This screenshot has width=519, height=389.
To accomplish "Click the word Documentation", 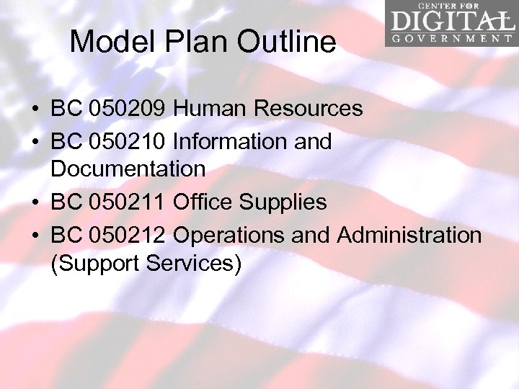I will coord(128,170).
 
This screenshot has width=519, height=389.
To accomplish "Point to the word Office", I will coord(203,202).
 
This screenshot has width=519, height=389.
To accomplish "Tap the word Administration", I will coord(409,234).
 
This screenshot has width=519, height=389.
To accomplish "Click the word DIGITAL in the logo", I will coord(450,22).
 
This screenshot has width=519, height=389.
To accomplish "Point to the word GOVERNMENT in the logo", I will coord(452,38).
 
